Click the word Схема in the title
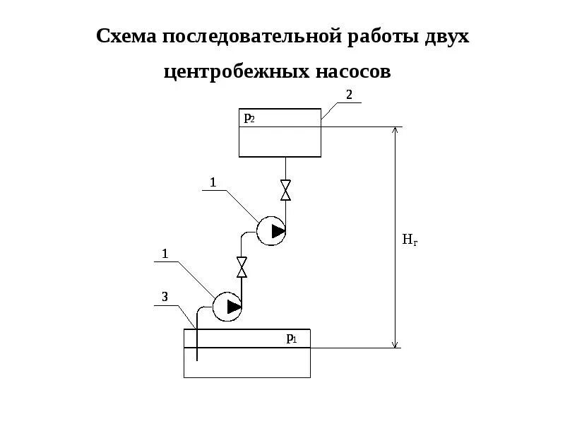tap(126, 36)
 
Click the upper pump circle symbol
tap(270, 231)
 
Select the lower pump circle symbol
tap(227, 306)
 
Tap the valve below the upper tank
tap(285, 190)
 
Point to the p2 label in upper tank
tap(249, 118)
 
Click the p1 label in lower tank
tap(291, 338)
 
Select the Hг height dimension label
tap(410, 240)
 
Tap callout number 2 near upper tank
tap(348, 94)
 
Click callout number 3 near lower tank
tap(165, 298)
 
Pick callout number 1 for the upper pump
tap(212, 182)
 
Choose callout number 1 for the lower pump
tap(165, 253)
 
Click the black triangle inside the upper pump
tap(278, 231)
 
